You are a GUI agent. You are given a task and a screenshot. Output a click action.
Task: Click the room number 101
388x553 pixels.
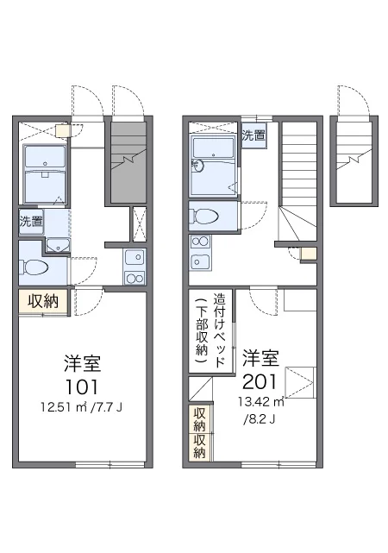(82, 386)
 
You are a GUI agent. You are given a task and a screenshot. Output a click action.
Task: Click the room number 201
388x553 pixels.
(260, 381)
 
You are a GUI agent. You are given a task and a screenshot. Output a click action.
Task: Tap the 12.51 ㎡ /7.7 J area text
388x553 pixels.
(81, 408)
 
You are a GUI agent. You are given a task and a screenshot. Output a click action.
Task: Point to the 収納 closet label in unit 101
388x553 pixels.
(43, 301)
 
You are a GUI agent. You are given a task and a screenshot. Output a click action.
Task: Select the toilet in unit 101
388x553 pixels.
(34, 267)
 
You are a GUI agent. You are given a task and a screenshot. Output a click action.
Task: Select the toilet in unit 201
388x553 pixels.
(203, 216)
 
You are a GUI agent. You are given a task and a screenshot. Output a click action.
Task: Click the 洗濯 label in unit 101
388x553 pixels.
(31, 221)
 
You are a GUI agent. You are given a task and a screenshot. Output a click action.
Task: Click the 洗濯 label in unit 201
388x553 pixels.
(253, 135)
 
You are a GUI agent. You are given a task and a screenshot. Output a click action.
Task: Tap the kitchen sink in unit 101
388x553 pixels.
(135, 258)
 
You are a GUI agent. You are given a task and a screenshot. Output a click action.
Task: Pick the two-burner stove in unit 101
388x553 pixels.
(135, 278)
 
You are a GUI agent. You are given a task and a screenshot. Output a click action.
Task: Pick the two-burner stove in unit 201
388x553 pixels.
(200, 242)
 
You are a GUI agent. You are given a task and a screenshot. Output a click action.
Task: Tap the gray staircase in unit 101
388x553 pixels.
(128, 162)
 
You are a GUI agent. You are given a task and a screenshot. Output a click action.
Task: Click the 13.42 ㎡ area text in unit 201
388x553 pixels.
(261, 402)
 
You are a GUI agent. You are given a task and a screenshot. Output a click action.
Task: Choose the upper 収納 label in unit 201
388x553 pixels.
(199, 419)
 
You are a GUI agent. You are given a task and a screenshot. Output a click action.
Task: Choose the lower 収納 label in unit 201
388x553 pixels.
(199, 446)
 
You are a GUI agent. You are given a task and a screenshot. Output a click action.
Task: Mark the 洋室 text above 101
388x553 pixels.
(83, 363)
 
